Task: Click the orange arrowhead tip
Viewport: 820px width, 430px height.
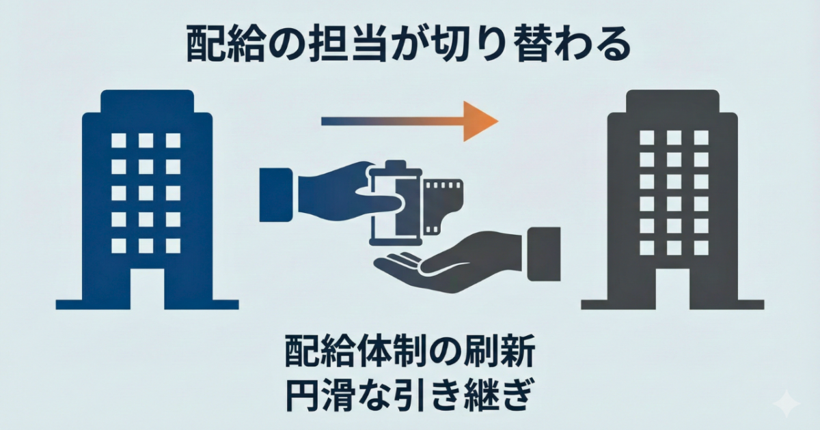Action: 498,121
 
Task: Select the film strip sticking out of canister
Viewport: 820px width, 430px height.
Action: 442,205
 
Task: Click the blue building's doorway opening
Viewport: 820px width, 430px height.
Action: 147,289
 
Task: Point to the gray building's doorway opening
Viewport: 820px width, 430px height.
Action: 672,289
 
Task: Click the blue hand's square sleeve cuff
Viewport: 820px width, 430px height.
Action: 276,195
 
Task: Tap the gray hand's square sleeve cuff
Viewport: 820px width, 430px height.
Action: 544,254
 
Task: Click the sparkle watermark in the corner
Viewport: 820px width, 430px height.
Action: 787,403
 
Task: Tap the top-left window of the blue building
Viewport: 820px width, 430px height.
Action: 119,141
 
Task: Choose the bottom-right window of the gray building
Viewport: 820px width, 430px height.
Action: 701,248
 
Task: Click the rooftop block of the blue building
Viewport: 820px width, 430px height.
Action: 147,101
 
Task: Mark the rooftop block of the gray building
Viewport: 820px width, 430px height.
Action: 673,101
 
